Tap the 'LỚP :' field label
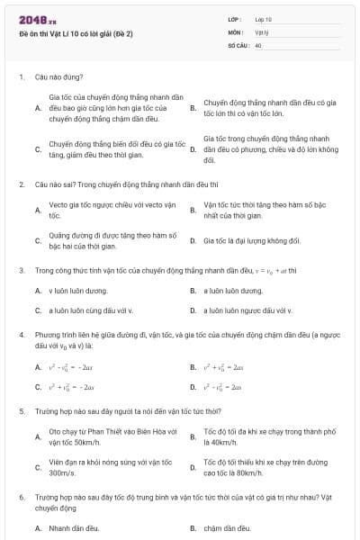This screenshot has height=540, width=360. [237, 19]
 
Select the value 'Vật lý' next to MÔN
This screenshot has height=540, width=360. [262, 31]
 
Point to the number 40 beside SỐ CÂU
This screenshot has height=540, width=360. [258, 44]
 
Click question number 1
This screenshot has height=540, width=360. [21, 77]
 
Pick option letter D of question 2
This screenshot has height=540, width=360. [193, 241]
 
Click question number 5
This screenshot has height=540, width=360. [21, 411]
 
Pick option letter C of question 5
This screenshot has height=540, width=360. [37, 468]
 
